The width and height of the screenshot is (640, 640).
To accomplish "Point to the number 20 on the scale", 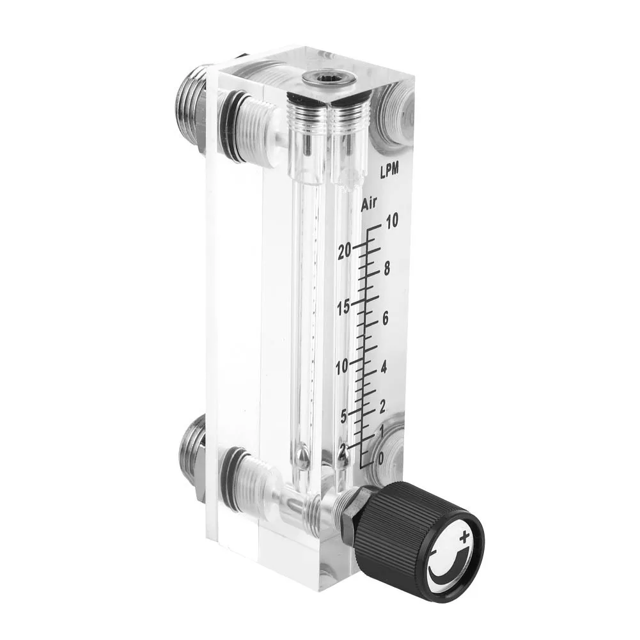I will click(346, 251).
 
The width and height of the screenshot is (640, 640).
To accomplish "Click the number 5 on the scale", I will click(343, 416).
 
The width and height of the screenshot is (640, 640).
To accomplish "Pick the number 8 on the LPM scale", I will click(386, 269).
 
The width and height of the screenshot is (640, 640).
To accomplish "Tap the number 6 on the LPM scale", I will click(386, 320).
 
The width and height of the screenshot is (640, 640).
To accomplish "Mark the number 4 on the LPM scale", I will click(384, 368).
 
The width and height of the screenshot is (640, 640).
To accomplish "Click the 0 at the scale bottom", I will click(381, 458).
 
